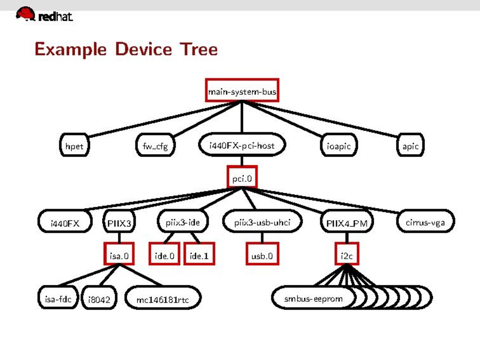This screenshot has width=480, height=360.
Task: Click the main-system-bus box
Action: point(242,91)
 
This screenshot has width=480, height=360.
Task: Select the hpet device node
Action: point(74,146)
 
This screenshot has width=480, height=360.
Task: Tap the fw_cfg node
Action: point(155,146)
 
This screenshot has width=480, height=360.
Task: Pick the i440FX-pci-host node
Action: point(242,146)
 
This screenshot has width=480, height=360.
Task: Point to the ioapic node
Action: point(339,146)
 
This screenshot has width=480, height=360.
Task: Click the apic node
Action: point(410,146)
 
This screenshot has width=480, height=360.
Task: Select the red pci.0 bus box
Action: point(242,179)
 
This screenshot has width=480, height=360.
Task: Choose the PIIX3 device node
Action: point(119,222)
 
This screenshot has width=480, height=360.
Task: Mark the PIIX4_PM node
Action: point(347,222)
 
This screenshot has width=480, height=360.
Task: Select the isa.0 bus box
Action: point(119,256)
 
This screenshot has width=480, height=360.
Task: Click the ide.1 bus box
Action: point(199,256)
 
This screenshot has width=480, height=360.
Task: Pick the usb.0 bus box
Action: point(262,256)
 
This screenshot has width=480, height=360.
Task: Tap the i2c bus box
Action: point(347,256)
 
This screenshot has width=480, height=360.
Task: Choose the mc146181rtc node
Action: point(163,299)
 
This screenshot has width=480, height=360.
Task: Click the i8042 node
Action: point(99,299)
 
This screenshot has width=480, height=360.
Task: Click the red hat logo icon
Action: point(25,14)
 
